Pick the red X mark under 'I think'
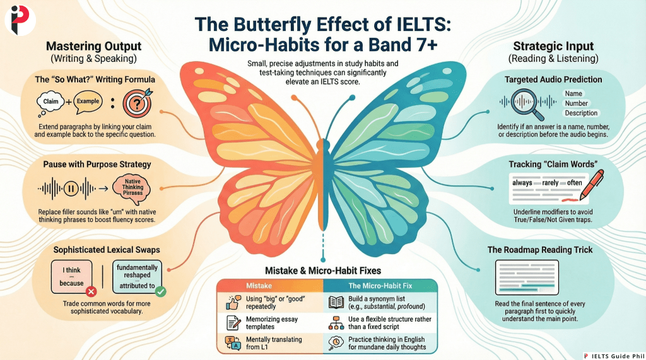[90, 292]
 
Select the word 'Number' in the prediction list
[577, 103]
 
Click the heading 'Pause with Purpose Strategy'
[97, 164]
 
